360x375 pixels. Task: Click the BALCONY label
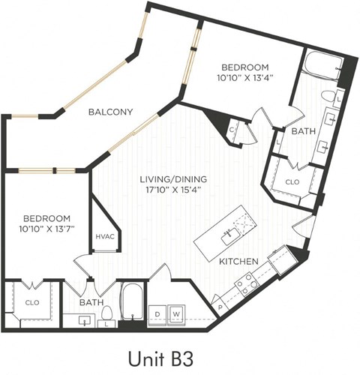(x=110, y=112)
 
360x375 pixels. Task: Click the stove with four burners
(x=247, y=283)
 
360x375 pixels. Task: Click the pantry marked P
(x=219, y=307)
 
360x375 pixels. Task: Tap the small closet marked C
(x=232, y=130)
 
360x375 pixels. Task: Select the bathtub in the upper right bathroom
(x=321, y=67)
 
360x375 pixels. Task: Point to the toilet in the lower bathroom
(x=106, y=313)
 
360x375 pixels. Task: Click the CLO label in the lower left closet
(x=31, y=303)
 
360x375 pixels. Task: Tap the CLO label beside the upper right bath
(x=292, y=181)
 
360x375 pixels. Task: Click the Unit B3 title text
(x=179, y=355)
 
